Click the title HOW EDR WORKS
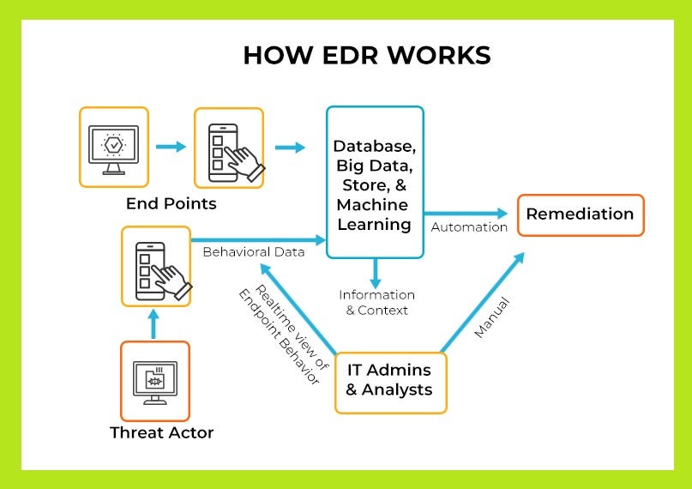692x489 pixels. (366, 55)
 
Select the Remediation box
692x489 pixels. (580, 214)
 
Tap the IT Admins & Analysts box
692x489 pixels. (390, 379)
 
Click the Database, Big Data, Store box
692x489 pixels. (375, 182)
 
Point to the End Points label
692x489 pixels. (171, 204)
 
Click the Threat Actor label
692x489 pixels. (161, 432)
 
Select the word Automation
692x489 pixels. (469, 228)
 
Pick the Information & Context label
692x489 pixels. (376, 302)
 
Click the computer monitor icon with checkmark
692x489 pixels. (114, 147)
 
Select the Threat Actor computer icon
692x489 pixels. (154, 379)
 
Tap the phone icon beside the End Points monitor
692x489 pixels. (229, 147)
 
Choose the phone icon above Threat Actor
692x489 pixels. (156, 265)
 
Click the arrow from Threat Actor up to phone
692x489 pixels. (155, 323)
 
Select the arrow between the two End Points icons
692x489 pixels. (171, 147)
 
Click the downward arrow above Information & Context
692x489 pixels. (375, 273)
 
